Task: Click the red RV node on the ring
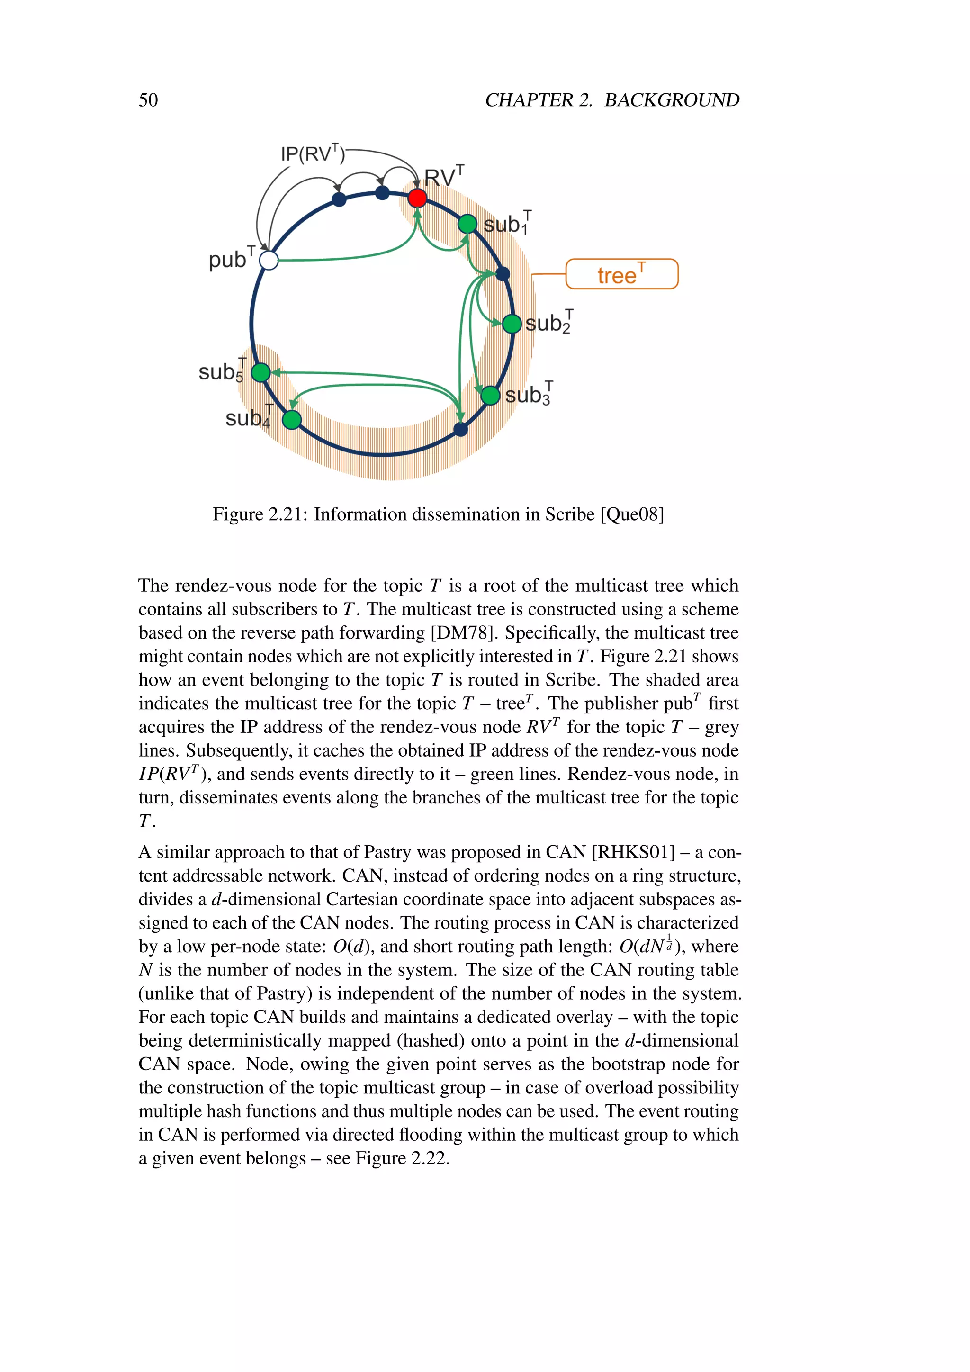[417, 198]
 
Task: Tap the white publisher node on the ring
[269, 260]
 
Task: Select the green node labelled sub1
[467, 224]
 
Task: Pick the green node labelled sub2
[512, 324]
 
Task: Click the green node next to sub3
[490, 395]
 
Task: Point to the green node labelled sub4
[291, 420]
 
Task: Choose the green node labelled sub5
[261, 372]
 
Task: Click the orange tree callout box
[621, 274]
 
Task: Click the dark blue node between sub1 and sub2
[503, 274]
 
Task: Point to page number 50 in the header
[148, 100]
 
